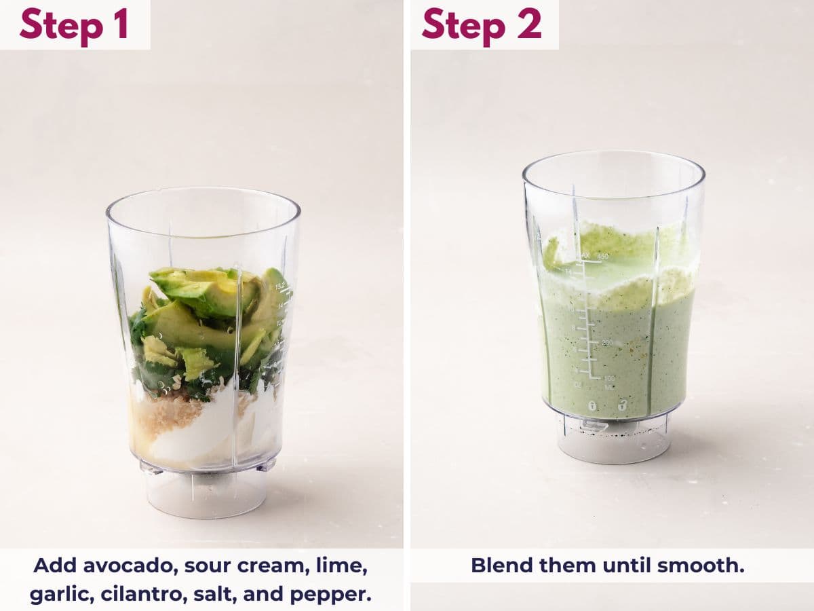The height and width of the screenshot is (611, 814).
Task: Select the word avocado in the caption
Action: pyautogui.click(x=120, y=565)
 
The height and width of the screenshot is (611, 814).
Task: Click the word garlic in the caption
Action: pyautogui.click(x=61, y=594)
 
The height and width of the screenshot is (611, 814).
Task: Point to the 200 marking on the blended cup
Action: pyautogui.click(x=607, y=343)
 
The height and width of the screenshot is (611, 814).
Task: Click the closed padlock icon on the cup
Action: pyautogui.click(x=592, y=406)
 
